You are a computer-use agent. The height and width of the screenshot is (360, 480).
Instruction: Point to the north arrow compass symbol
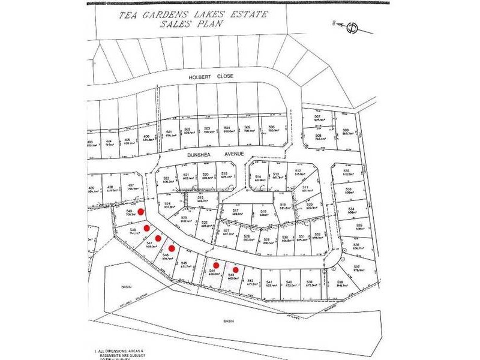351,26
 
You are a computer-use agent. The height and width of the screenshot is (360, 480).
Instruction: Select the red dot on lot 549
141,211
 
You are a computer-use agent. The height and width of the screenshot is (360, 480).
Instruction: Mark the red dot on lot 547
158,238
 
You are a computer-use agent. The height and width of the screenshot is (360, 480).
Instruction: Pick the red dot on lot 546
171,248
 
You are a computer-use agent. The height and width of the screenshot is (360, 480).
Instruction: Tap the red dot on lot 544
216,265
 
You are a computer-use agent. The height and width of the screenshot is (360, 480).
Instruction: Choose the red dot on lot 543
236,269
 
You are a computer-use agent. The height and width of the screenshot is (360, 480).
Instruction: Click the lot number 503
207,128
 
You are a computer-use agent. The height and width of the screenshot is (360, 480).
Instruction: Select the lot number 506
271,127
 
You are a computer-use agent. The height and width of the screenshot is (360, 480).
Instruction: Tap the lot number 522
166,178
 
